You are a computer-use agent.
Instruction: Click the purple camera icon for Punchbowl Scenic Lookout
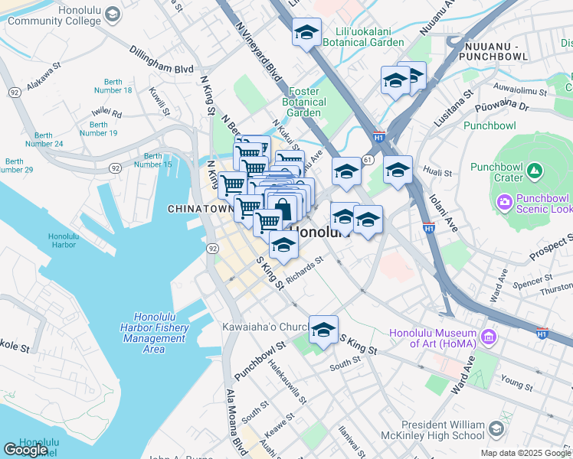click(505, 203)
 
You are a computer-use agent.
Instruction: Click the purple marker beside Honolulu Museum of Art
click(487, 335)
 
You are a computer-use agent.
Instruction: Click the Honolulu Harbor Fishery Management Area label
click(160, 333)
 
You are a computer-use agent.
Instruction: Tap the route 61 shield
click(368, 159)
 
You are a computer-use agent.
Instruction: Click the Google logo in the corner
click(26, 450)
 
